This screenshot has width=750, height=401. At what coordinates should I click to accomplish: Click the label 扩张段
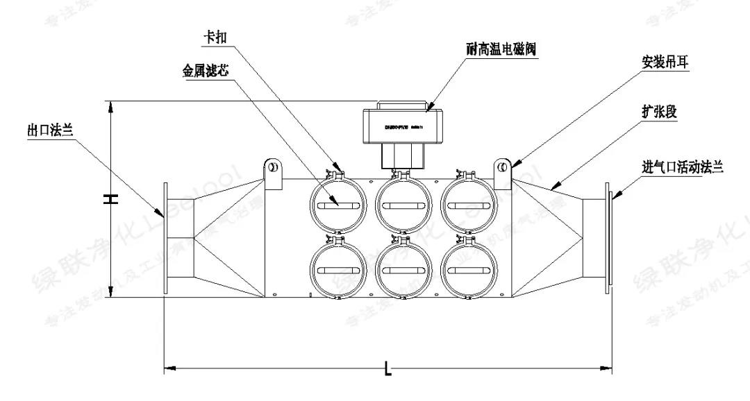(657, 112)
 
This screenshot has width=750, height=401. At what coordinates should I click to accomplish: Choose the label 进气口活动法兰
(683, 167)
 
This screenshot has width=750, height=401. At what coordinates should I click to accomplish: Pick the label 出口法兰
(50, 130)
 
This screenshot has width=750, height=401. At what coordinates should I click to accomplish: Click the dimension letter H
(110, 199)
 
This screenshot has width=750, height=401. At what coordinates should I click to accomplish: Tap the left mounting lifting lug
(273, 171)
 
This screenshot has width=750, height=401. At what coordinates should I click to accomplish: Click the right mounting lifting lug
(502, 171)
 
